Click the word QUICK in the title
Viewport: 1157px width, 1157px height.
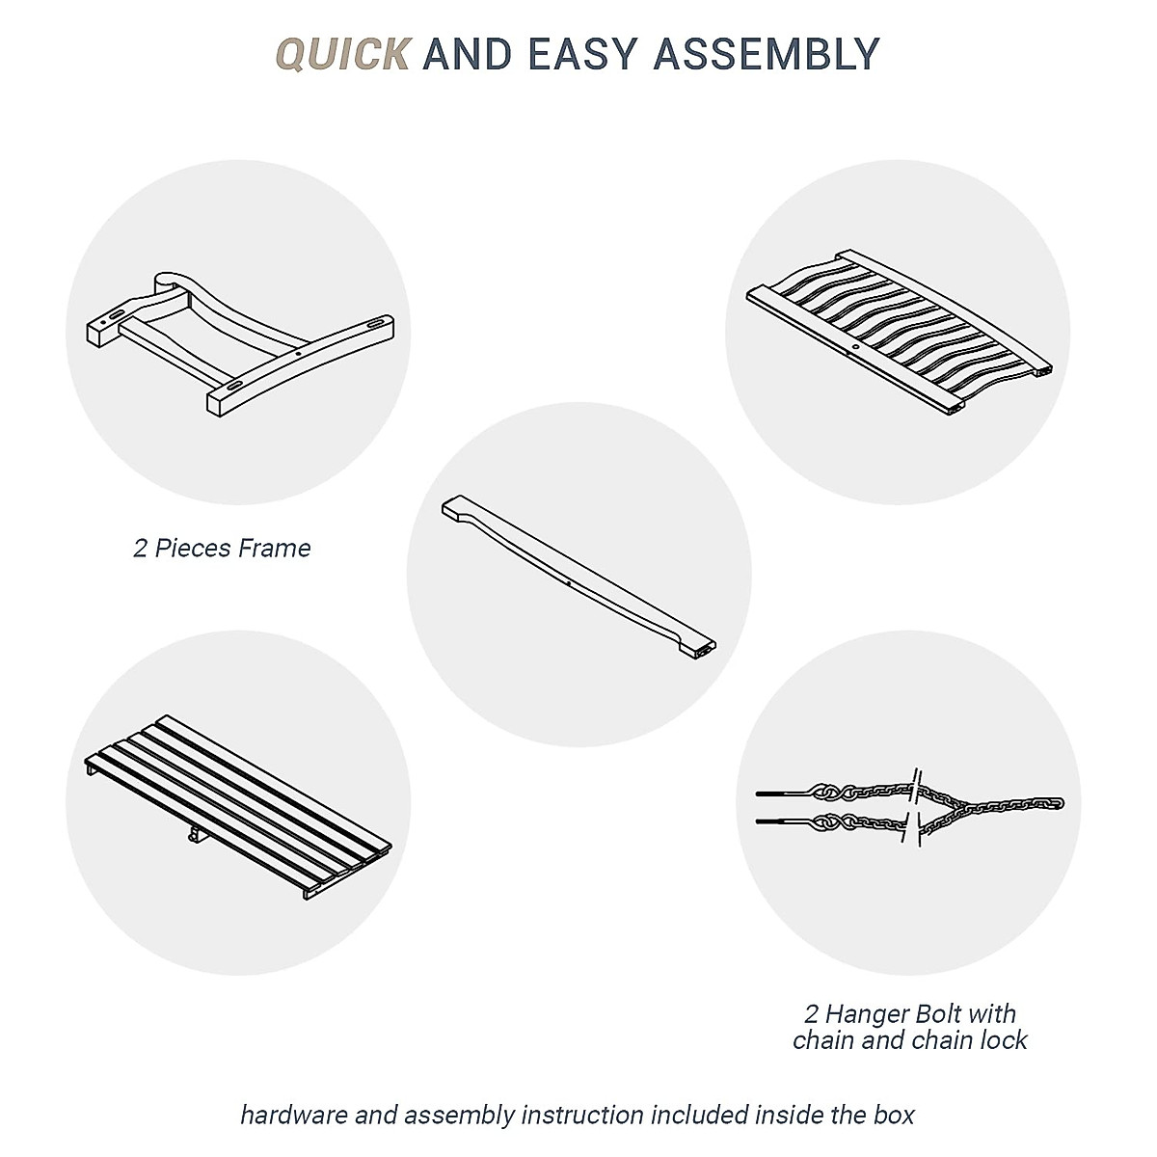(343, 54)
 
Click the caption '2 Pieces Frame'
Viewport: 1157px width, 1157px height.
(222, 549)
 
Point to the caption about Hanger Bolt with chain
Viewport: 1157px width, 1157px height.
(909, 1027)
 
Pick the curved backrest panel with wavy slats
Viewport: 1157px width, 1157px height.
(901, 330)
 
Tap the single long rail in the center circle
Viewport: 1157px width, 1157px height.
(578, 582)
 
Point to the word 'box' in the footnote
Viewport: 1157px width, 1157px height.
(893, 1116)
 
